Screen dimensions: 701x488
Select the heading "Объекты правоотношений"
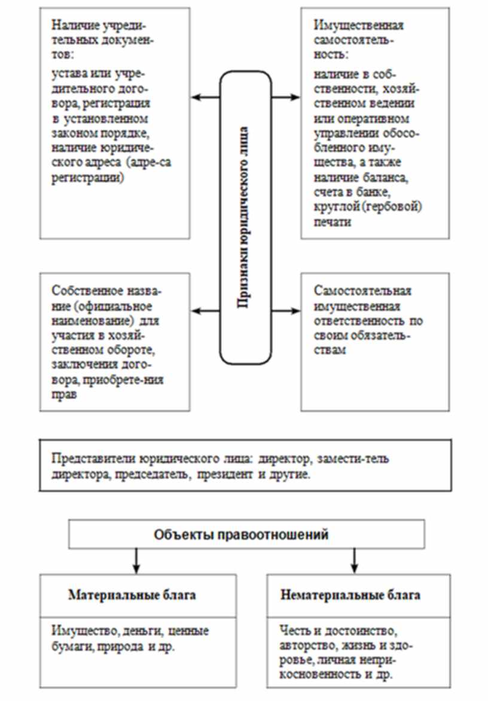click(x=241, y=534)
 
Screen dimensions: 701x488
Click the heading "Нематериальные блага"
click(x=350, y=595)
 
